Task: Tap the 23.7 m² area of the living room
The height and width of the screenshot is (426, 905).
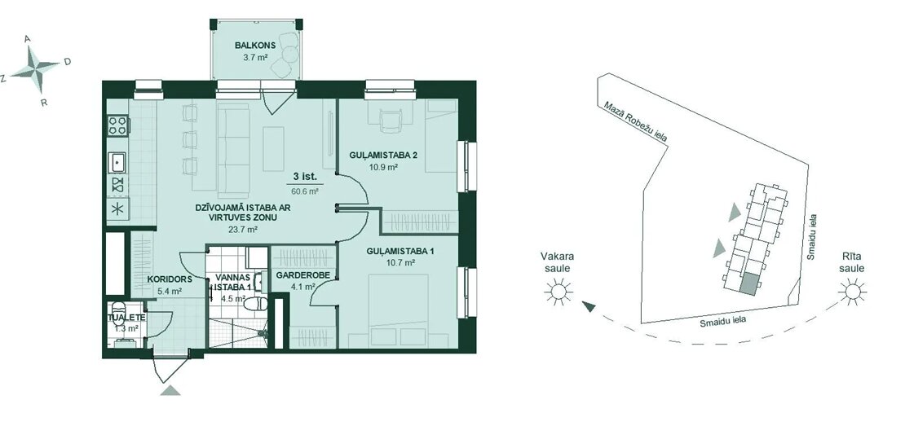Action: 243,229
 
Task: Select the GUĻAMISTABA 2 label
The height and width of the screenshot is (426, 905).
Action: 383,155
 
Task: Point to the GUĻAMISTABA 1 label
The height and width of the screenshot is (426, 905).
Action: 400,251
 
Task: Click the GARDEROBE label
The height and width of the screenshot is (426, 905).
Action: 302,275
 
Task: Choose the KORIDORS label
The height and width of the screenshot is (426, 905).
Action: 169,279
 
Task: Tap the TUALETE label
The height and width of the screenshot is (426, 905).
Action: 126,318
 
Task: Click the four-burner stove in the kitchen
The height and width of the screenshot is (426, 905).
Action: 117,125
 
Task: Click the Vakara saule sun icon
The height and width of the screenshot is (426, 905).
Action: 558,291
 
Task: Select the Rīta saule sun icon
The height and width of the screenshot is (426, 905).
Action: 853,291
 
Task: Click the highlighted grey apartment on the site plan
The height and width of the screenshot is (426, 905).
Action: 748,285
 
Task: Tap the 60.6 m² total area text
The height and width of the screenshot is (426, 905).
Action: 307,189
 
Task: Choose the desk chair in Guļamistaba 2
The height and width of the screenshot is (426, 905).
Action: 390,121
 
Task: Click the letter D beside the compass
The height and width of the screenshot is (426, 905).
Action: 68,62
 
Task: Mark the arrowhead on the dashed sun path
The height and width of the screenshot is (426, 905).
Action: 589,307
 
